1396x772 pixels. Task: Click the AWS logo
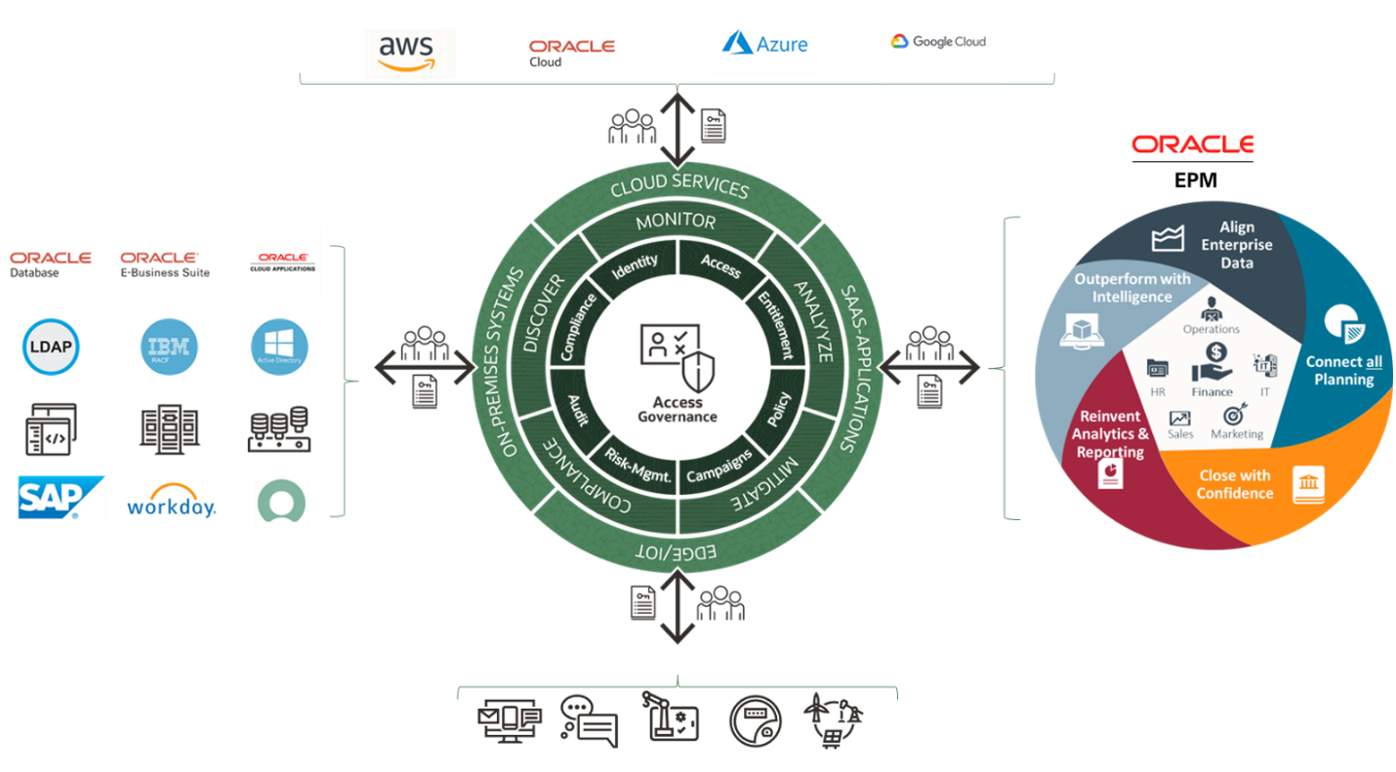(x=409, y=53)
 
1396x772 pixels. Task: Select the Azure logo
(x=763, y=42)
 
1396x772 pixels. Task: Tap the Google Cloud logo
(x=937, y=41)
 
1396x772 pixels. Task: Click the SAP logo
(x=61, y=498)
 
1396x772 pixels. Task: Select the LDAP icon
(x=51, y=346)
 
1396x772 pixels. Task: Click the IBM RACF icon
(x=169, y=346)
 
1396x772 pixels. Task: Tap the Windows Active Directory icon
(x=279, y=346)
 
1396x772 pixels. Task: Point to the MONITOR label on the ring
(x=676, y=222)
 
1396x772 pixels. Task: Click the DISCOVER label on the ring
(x=544, y=313)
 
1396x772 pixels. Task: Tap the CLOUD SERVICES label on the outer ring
(x=678, y=185)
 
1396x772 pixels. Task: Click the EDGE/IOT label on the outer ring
(x=676, y=552)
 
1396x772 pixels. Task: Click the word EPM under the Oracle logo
(x=1191, y=181)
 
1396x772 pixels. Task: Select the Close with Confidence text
(x=1235, y=484)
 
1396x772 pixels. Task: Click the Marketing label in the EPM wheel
(x=1237, y=433)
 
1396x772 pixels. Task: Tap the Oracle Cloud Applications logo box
(x=282, y=263)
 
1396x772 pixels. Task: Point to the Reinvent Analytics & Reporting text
(x=1110, y=434)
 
